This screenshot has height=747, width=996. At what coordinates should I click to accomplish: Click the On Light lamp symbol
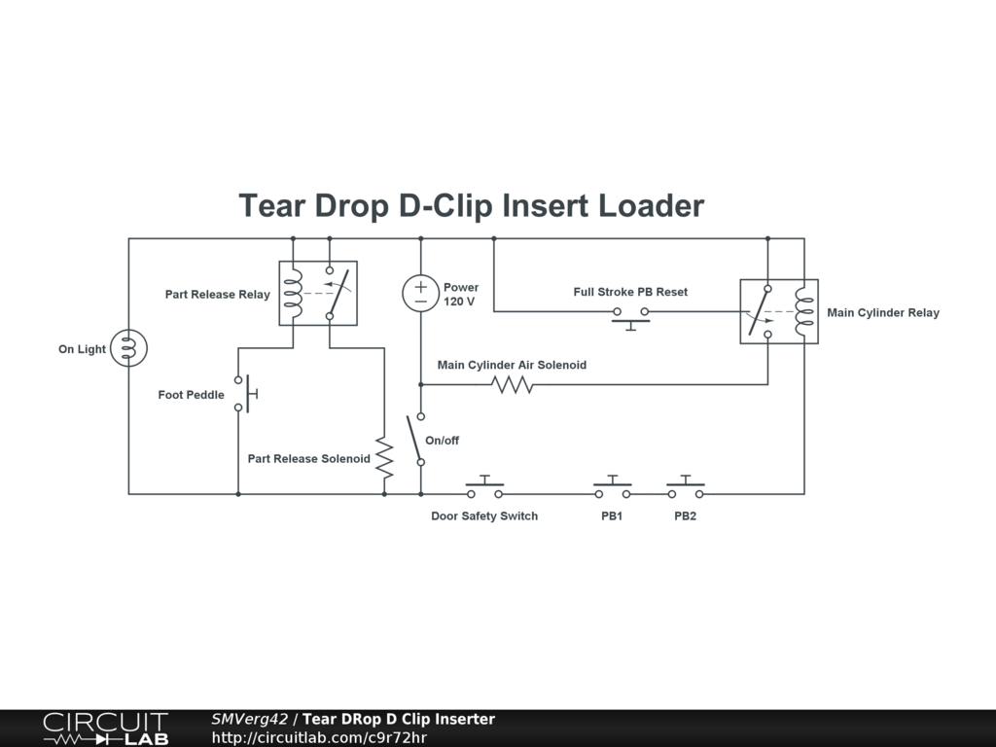128,348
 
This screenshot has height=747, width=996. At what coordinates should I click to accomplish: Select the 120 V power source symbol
420,294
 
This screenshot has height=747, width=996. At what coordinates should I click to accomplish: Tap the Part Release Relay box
318,293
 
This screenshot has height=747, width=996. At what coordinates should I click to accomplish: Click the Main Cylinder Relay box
779,311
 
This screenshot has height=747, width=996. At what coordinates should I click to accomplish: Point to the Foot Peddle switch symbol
242,394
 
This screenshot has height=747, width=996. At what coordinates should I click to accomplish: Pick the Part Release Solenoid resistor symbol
384,458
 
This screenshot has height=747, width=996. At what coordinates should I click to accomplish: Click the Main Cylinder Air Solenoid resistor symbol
513,385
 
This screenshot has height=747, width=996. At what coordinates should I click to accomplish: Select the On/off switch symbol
417,440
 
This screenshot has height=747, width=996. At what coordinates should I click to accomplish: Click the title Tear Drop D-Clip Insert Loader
472,206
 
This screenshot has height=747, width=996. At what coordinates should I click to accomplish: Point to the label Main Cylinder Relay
883,313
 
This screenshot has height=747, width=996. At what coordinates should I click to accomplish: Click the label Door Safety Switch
484,516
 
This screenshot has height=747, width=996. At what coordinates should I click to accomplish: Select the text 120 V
459,302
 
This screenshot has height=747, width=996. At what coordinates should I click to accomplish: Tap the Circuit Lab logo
105,729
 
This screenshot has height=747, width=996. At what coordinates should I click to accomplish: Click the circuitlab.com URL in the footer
319,737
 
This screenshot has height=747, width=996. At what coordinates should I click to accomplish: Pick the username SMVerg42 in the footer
249,720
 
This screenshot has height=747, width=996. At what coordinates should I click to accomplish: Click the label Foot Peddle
191,395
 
